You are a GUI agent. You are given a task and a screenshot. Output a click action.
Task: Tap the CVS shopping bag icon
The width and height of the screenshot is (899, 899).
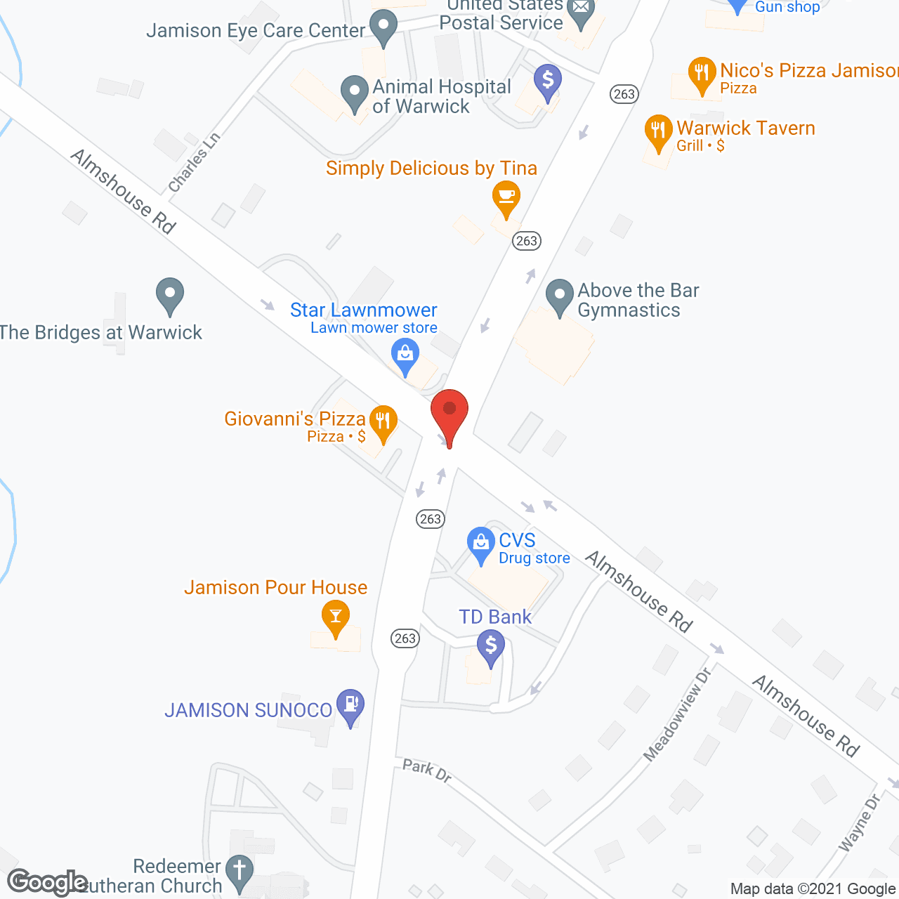[x=481, y=544]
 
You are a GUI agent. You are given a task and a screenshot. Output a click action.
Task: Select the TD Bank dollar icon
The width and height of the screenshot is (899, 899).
[x=491, y=645]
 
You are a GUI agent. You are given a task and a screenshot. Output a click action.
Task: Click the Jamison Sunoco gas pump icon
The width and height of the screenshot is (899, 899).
[x=350, y=704]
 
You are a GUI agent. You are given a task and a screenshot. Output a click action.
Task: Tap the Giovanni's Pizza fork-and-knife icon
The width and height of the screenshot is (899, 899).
[x=383, y=422]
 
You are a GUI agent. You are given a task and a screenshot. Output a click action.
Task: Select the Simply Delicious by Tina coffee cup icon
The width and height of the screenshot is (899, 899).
[x=506, y=197]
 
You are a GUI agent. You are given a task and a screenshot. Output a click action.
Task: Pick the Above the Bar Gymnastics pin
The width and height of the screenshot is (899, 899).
[x=560, y=296]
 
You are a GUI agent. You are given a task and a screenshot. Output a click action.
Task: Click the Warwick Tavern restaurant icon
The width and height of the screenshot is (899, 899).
[x=658, y=131]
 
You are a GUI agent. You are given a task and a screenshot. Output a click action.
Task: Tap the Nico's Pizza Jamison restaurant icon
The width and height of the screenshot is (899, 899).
[x=702, y=73]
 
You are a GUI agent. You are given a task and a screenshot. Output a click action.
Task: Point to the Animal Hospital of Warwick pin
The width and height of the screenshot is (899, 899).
[x=355, y=92]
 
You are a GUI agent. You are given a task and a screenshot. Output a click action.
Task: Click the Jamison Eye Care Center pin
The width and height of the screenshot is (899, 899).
[x=383, y=26]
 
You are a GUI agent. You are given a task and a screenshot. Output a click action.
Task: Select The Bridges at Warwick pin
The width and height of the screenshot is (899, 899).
[x=169, y=294]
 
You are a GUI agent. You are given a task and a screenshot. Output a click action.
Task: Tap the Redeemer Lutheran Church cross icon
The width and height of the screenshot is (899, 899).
[x=239, y=871]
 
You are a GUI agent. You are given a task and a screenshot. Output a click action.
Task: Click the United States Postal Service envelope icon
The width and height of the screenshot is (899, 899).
[x=581, y=10]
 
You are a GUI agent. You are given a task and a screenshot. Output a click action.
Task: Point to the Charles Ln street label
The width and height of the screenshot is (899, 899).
[x=195, y=162]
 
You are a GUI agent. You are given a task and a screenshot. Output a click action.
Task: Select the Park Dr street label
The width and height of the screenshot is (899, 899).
[x=427, y=770]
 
